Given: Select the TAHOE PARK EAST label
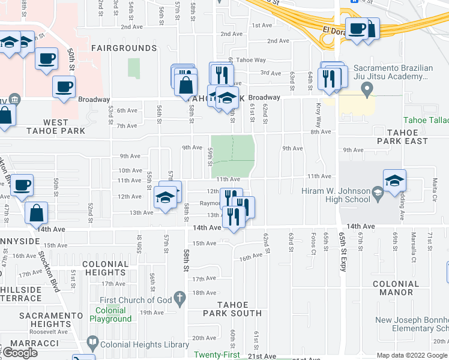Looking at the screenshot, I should click(x=402, y=137).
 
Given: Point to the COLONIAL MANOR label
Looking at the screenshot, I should click(x=395, y=288).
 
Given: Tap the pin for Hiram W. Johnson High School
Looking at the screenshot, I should click(x=378, y=193).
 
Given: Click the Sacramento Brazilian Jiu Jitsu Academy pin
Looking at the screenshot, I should click(x=368, y=91).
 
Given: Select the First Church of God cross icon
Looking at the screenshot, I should click(x=179, y=298).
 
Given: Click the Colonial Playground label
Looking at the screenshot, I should click(x=110, y=315).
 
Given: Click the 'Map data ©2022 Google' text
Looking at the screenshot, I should click(x=411, y=355).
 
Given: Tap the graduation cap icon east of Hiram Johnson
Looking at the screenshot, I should click(x=395, y=180).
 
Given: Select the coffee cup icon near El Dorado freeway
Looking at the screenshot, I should click(x=357, y=28).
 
